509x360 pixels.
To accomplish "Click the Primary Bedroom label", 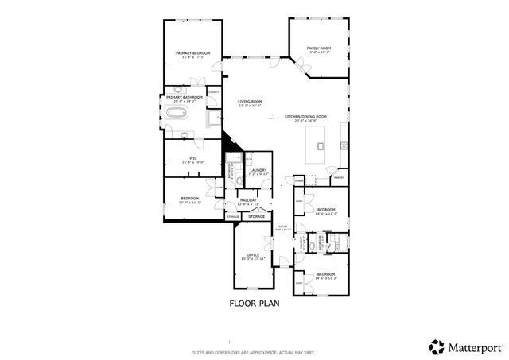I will (x=192, y=53).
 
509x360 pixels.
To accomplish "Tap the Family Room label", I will (x=319, y=48).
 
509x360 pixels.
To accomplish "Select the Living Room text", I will (x=250, y=102).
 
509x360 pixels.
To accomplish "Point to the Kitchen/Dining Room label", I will (x=310, y=117).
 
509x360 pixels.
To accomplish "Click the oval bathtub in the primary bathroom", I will (x=175, y=114).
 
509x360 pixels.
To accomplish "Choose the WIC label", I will (x=192, y=157).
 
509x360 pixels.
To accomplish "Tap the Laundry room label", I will (x=258, y=169).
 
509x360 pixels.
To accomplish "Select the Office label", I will (x=253, y=254).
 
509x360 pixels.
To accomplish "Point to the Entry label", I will (x=282, y=226).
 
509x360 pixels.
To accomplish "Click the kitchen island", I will (x=320, y=145).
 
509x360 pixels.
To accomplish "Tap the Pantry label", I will (x=338, y=177).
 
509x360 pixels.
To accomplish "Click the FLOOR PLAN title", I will (x=254, y=303).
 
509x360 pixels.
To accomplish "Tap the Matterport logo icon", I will (x=436, y=346).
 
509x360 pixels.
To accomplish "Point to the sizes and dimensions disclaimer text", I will (x=254, y=352).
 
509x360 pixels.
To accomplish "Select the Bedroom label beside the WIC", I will (x=189, y=198).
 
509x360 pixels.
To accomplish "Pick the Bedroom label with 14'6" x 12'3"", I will (x=326, y=210).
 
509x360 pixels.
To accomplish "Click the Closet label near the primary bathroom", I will (x=212, y=92).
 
